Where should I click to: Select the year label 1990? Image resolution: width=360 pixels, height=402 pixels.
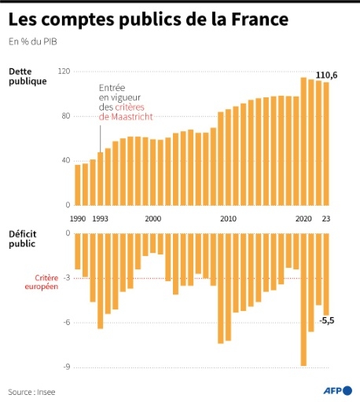tap(79, 219)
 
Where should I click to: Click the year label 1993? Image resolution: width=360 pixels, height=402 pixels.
tap(101, 219)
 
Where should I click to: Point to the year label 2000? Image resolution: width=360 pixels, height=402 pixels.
tap(153, 219)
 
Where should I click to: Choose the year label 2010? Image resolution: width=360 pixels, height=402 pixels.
tap(228, 219)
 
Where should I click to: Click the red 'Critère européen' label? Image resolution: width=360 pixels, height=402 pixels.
tap(46, 283)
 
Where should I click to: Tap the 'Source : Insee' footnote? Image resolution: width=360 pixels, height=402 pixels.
tap(32, 391)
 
